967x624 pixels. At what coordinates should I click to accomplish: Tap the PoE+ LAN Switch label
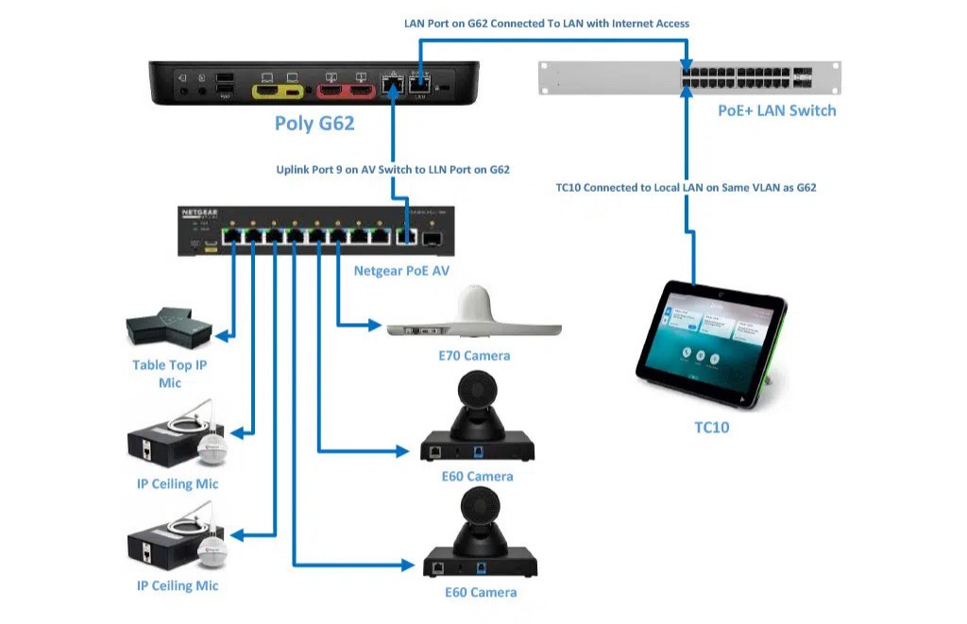click(x=776, y=110)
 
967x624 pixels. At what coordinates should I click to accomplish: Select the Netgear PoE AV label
click(x=401, y=271)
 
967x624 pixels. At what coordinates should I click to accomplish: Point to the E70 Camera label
click(x=474, y=356)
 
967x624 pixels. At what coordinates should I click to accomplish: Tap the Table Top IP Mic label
click(x=169, y=373)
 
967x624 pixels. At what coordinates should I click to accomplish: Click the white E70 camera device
click(x=474, y=315)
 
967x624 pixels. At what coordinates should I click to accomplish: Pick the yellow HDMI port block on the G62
click(x=278, y=91)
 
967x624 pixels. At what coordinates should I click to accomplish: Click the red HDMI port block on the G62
click(x=345, y=91)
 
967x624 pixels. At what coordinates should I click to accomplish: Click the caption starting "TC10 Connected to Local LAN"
click(x=686, y=188)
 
